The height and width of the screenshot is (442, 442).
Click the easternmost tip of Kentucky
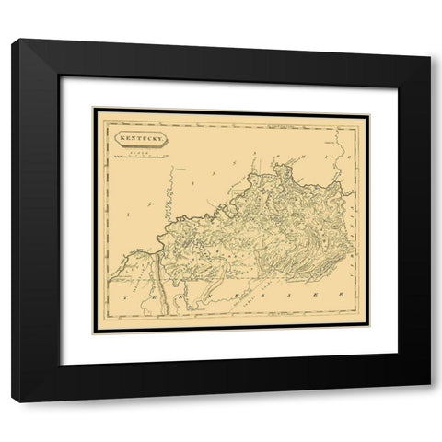(x=353, y=193)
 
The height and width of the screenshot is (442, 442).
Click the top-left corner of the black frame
(x=12, y=40)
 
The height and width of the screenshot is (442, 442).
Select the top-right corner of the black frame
(x=429, y=40)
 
